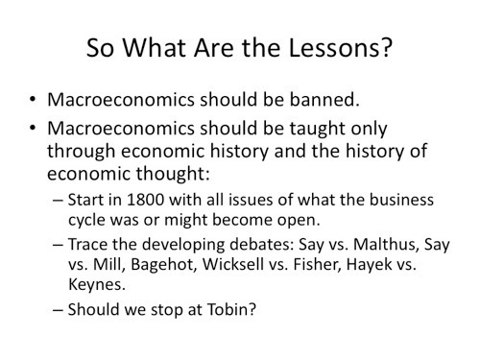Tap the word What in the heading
coord(155,48)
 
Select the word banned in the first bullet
coord(324,100)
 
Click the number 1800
coord(146,200)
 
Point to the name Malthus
coord(386,245)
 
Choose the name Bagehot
coord(164,265)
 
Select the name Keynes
coord(97,285)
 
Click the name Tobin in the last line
coord(231,309)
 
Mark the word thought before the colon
coord(173,174)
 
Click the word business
coord(401,200)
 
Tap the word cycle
coord(86,220)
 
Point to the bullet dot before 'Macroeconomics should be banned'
coord(33,100)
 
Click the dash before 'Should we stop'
coord(58,310)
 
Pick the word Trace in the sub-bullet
coord(87,245)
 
